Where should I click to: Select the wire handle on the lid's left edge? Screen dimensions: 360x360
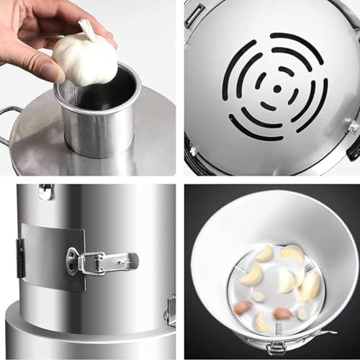click(9, 122)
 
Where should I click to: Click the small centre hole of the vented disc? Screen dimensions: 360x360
click(277, 89)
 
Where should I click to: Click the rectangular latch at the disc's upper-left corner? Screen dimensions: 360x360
click(196, 14)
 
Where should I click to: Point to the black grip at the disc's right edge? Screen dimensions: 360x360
click(354, 148)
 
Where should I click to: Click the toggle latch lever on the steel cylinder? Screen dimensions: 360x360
click(108, 262)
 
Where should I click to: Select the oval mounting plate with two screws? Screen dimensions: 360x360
click(73, 260)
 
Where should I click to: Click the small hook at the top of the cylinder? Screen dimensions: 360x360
click(46, 191)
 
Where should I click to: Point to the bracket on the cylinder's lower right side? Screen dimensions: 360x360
click(171, 310)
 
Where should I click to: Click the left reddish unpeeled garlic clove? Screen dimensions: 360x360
click(243, 307)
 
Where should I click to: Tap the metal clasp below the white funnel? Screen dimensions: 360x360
click(276, 348)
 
